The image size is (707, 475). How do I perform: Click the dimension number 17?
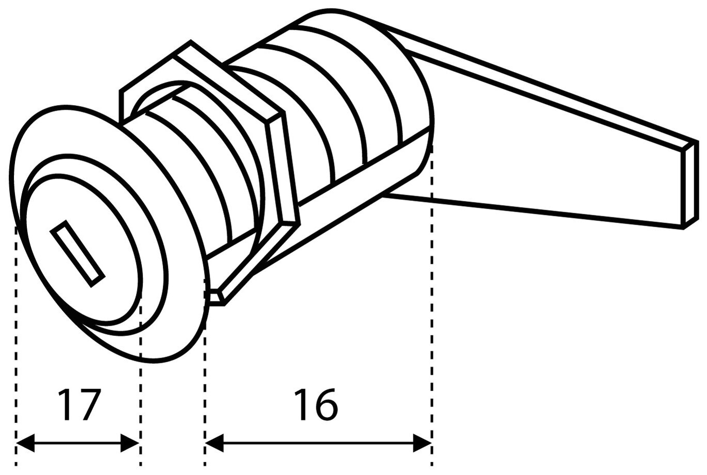77,405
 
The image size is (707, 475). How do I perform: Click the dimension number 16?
316,405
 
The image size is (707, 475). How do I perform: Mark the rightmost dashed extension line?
432,309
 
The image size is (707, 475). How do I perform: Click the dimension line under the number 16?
316,442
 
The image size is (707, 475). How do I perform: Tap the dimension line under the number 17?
77,442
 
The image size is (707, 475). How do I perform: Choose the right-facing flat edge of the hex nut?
283,170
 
